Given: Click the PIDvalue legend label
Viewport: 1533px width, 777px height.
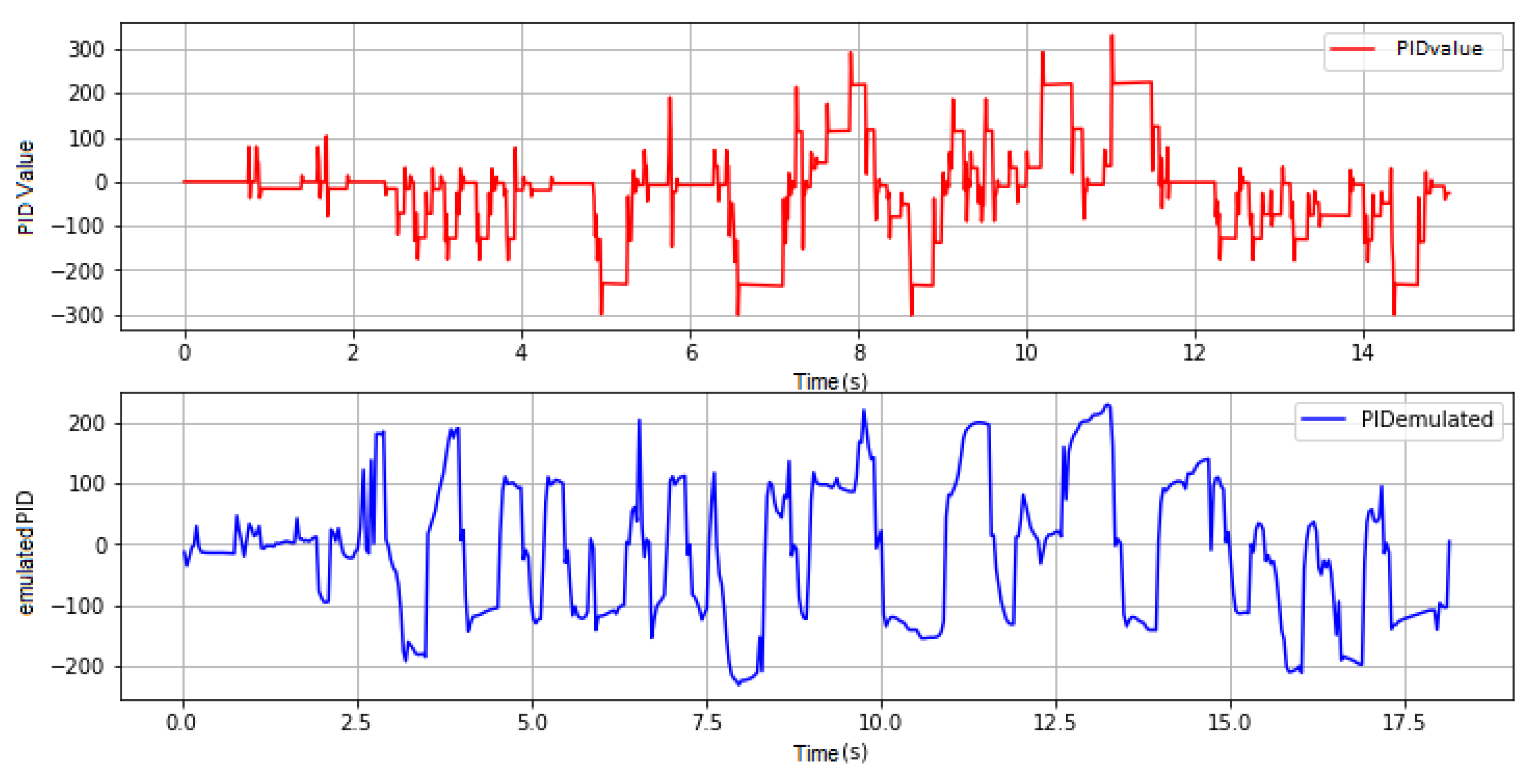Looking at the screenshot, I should click(1439, 49).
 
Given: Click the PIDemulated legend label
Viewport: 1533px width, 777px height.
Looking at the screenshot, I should click(1427, 419).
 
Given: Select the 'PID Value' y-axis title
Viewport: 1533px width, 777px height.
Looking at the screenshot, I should click(26, 187).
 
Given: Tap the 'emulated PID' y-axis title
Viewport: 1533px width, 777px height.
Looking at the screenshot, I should click(26, 553).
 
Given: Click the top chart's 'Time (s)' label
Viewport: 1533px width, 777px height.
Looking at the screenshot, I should click(830, 381).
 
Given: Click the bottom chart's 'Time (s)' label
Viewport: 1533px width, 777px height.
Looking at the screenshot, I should click(830, 753).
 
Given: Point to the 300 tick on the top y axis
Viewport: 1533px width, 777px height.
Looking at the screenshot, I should click(87, 49).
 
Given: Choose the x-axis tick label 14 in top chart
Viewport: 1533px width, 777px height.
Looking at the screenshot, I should click(1362, 353).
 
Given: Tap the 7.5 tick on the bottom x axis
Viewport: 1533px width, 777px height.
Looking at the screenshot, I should click(707, 723).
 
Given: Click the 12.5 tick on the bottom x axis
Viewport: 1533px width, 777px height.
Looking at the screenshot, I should click(1055, 723).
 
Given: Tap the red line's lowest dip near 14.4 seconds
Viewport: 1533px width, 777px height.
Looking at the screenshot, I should click(1394, 313).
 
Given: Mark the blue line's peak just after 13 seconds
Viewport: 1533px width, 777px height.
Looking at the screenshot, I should click(1108, 405).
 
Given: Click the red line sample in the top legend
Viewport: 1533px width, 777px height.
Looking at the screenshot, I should click(1352, 49).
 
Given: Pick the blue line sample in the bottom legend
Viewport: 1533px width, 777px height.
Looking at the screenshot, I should click(1324, 419).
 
